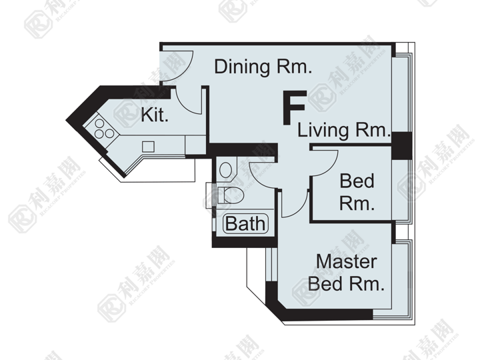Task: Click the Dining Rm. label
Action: (263, 67)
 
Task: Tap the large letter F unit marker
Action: (295, 107)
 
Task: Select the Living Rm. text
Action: (345, 130)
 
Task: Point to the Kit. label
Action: (155, 115)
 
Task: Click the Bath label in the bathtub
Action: (245, 223)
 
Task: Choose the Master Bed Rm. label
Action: (346, 273)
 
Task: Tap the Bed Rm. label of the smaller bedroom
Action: (357, 192)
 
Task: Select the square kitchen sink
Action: (148, 146)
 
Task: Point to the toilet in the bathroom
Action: (230, 195)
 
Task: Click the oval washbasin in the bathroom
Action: (225, 169)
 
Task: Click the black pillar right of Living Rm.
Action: (401, 146)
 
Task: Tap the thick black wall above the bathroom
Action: (242, 151)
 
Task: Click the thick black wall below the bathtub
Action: (245, 243)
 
